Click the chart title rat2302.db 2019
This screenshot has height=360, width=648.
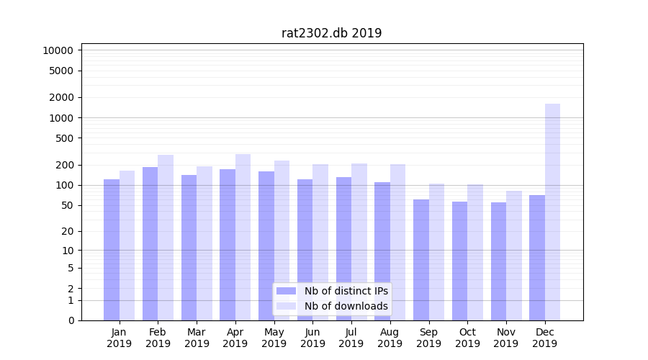point(331,33)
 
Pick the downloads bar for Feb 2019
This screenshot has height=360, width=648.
point(166,238)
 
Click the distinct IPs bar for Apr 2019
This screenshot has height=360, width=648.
point(228,245)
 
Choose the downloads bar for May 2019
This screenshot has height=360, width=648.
point(282,240)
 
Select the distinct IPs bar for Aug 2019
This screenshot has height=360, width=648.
point(382,251)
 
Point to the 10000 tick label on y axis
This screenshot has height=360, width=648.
point(58,50)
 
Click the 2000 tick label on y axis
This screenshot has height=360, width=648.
point(61,97)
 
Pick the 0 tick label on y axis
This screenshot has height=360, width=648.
point(71,320)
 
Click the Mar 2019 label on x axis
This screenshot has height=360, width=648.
point(197,338)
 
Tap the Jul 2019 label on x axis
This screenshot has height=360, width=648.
point(351,338)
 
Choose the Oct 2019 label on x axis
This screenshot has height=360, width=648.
point(467,338)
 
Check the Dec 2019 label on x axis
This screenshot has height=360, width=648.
point(544,338)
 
